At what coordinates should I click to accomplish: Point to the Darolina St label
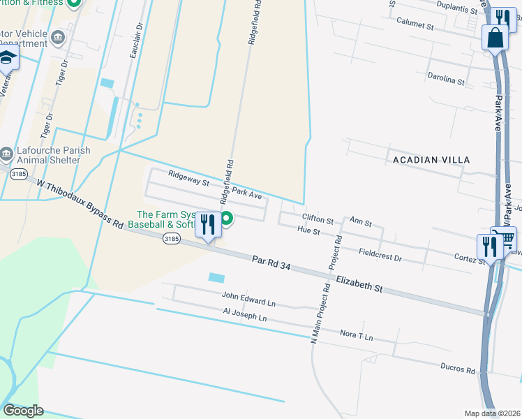447,81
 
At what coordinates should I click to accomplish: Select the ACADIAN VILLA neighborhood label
431,160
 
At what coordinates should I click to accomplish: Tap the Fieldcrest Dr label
380,255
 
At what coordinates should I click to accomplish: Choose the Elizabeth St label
359,284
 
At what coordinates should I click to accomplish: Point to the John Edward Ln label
249,301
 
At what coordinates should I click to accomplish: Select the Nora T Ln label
357,337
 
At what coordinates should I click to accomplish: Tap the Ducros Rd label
458,368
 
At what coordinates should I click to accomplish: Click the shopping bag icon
495,38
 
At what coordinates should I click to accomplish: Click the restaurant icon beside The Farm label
207,225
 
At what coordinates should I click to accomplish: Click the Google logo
23,411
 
